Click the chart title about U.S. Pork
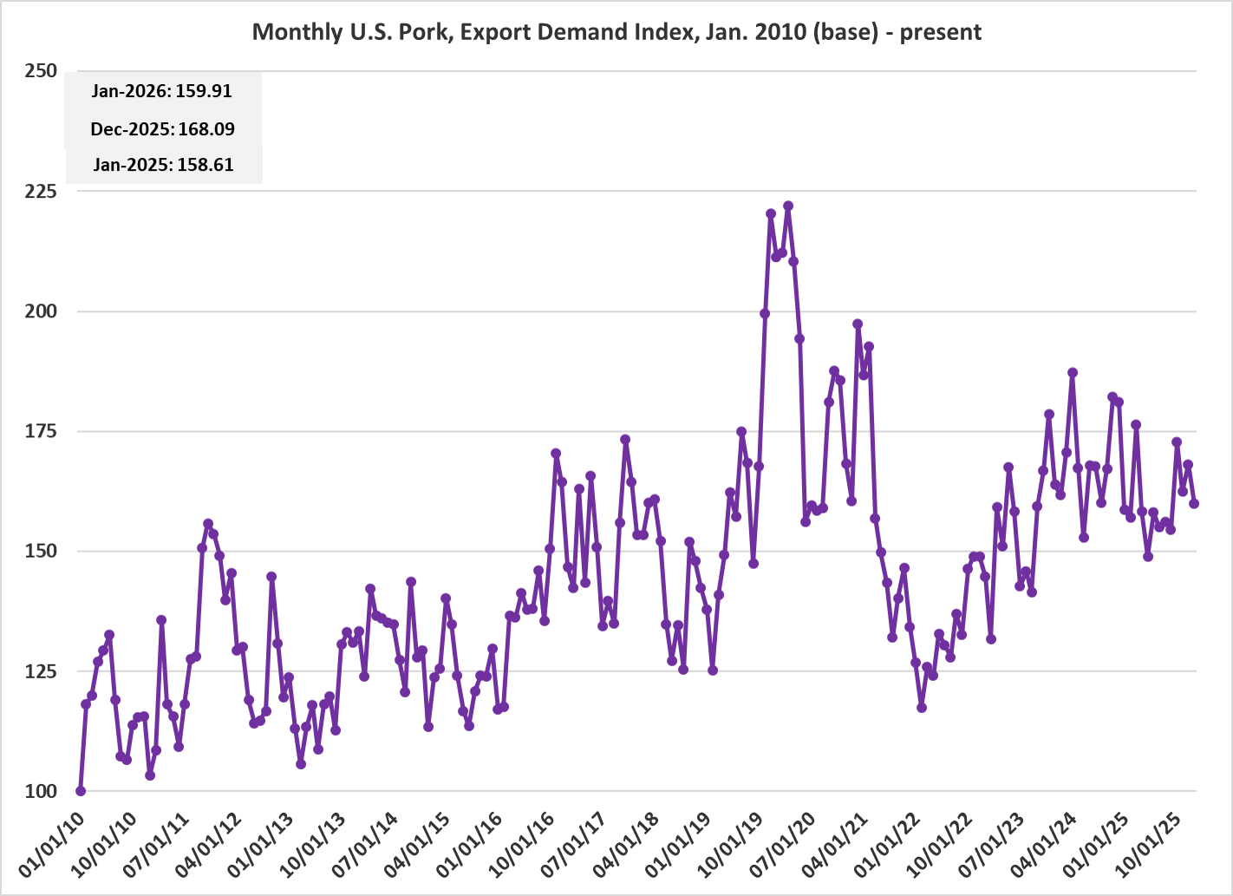(616, 32)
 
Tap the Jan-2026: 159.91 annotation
(162, 91)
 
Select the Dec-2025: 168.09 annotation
(162, 129)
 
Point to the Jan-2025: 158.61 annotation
(163, 165)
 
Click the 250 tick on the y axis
(41, 71)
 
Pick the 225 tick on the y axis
(41, 191)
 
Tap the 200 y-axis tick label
(41, 311)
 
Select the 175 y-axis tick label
(41, 431)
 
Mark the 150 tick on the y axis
(41, 551)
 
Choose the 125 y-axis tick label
(41, 671)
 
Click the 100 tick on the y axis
(41, 791)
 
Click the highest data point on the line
(788, 206)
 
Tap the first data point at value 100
(81, 791)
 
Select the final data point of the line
(1194, 503)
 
